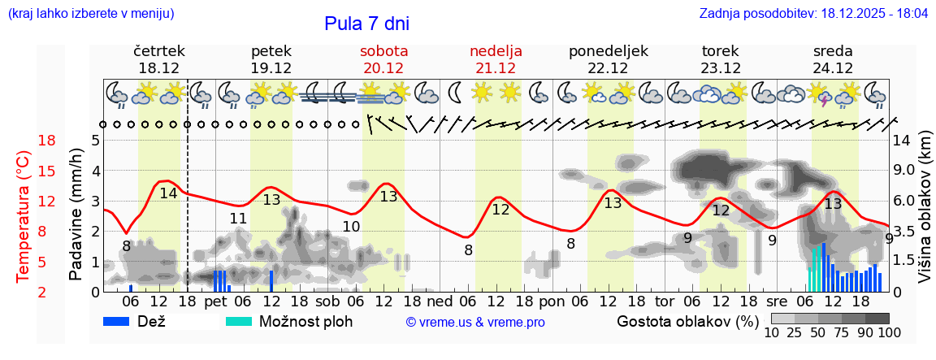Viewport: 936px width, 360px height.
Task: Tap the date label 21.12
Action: tap(496, 67)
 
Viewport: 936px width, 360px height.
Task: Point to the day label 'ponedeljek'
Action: tap(609, 50)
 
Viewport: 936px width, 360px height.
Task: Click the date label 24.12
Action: tap(833, 67)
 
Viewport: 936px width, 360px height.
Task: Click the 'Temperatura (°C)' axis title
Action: tap(24, 215)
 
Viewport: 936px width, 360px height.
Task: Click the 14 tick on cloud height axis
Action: tap(903, 141)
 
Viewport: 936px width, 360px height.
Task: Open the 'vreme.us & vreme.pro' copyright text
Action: tap(475, 322)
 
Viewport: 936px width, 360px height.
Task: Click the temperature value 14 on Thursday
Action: tap(168, 193)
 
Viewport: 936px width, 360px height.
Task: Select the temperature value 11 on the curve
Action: tap(238, 219)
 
